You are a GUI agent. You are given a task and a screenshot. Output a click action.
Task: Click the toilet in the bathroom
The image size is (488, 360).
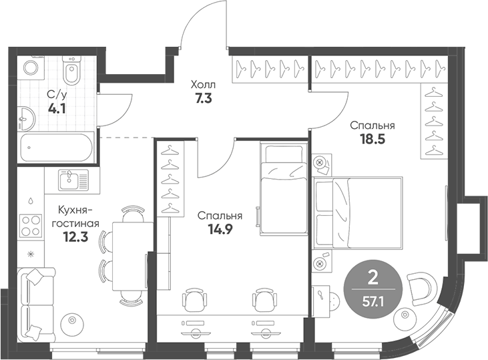(71, 69)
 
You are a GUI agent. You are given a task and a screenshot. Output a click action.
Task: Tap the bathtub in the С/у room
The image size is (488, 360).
(55, 147)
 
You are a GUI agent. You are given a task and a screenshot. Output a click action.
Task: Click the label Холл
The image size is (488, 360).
(204, 85)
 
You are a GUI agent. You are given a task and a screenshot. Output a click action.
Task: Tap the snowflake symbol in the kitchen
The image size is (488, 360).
(30, 254)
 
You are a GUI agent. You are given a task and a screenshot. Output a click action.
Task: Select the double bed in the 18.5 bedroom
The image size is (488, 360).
(358, 212)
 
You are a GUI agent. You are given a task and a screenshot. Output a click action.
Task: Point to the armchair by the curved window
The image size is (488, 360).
(423, 287)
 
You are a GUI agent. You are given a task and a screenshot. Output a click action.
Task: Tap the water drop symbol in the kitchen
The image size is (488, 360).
(31, 200)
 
